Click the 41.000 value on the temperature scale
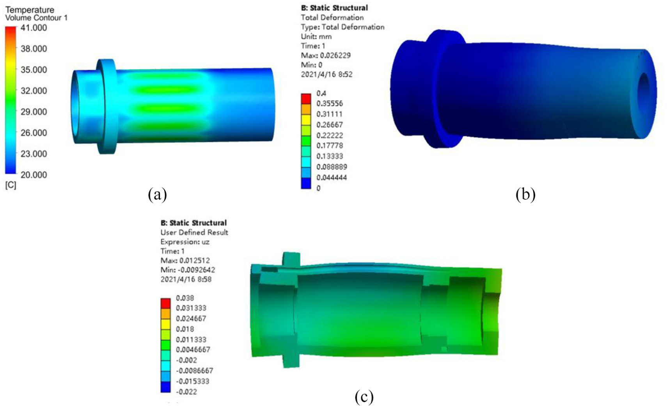click(34, 28)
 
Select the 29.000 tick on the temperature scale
click(34, 112)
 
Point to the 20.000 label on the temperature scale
click(34, 175)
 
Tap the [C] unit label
click(11, 185)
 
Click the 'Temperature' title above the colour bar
click(30, 10)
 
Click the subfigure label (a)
click(158, 194)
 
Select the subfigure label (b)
click(525, 194)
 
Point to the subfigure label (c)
click(364, 397)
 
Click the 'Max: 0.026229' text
click(326, 55)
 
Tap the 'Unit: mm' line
click(316, 36)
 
